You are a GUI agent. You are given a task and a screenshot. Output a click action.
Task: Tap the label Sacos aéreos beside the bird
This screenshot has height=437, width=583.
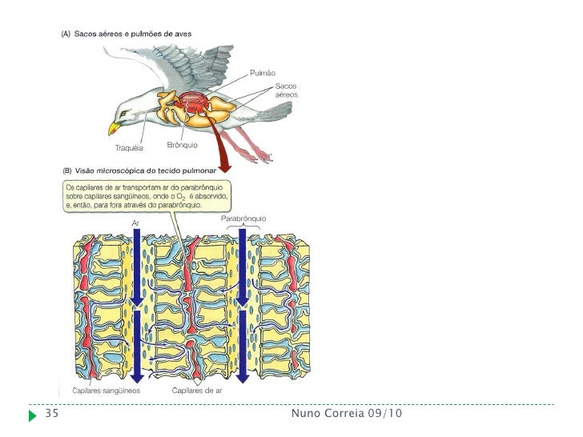point(287,90)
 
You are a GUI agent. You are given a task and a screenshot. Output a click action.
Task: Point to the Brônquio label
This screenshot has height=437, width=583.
point(183,145)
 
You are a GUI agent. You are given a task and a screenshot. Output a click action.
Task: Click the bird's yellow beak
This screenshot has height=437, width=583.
point(113,128)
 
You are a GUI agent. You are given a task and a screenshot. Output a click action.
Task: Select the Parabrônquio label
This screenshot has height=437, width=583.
point(242,218)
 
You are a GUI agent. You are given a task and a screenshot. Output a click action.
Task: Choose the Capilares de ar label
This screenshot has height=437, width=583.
point(197,391)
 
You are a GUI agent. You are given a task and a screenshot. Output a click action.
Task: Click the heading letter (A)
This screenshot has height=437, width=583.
point(66,35)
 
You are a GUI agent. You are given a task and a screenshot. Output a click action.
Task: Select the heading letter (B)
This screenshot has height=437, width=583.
point(66,171)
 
